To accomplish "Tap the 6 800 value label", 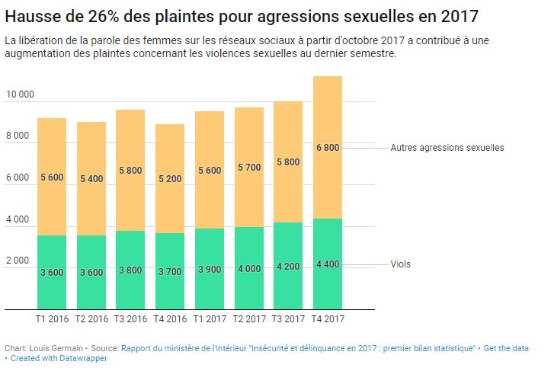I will tap(328, 148).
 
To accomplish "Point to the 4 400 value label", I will tap(328, 264).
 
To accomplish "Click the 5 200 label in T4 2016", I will tap(169, 178).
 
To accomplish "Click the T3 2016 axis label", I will tap(130, 319).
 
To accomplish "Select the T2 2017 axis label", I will tap(248, 319).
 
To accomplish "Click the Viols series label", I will tap(400, 264).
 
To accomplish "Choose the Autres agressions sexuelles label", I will tap(447, 148).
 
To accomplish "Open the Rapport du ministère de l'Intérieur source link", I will tap(297, 348).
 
